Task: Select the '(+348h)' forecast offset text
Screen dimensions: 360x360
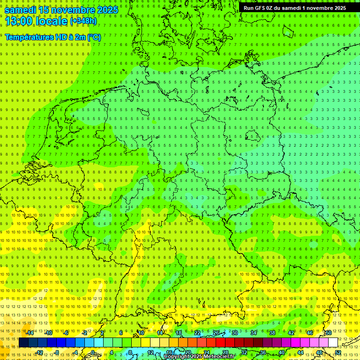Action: tap(83, 21)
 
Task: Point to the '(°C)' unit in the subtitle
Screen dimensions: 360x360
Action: tap(93, 37)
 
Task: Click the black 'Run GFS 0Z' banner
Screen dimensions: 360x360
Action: tap(295, 8)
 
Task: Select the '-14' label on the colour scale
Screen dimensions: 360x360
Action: tap(30, 333)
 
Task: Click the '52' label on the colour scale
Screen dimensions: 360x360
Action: tap(338, 352)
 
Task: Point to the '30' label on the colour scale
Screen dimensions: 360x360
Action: tap(234, 333)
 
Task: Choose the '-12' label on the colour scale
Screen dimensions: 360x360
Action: tap(39, 352)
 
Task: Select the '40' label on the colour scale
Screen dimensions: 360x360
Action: tap(281, 352)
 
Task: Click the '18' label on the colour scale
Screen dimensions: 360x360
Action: tap(178, 333)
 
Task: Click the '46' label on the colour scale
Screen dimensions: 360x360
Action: tap(309, 333)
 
